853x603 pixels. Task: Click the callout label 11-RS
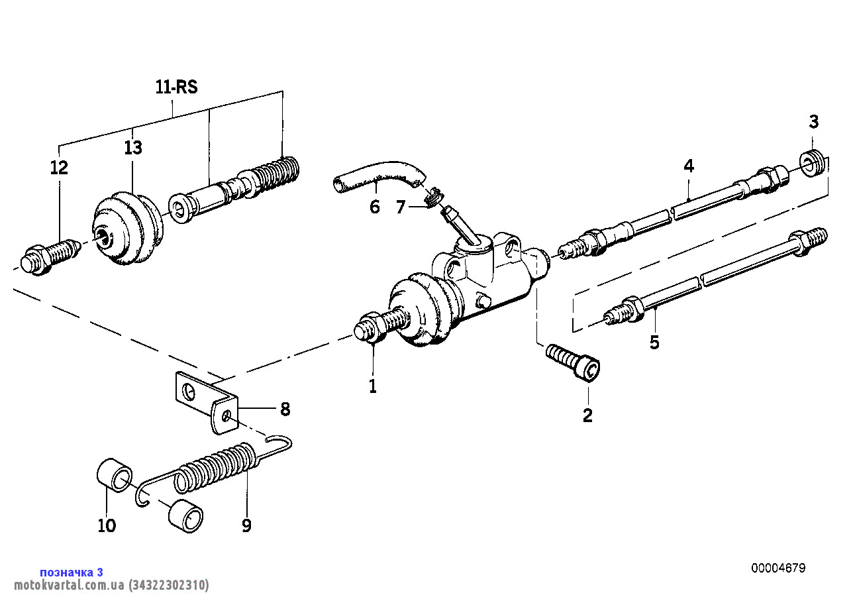pyautogui.click(x=177, y=87)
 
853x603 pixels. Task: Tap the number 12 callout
pyautogui.click(x=59, y=168)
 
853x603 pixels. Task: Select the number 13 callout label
pyautogui.click(x=133, y=148)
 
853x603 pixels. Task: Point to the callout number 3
pyautogui.click(x=813, y=122)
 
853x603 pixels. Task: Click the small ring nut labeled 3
pyautogui.click(x=811, y=163)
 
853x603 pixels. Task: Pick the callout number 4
pyautogui.click(x=689, y=166)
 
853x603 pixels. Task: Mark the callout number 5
pyautogui.click(x=654, y=343)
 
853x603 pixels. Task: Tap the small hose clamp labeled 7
pyautogui.click(x=433, y=196)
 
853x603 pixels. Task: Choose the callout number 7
pyautogui.click(x=400, y=207)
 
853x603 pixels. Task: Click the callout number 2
pyautogui.click(x=587, y=415)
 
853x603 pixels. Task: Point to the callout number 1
pyautogui.click(x=373, y=386)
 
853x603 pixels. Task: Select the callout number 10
pyautogui.click(x=107, y=525)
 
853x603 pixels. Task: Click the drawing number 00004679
pyautogui.click(x=778, y=568)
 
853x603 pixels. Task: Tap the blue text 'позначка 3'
pyautogui.click(x=72, y=572)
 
